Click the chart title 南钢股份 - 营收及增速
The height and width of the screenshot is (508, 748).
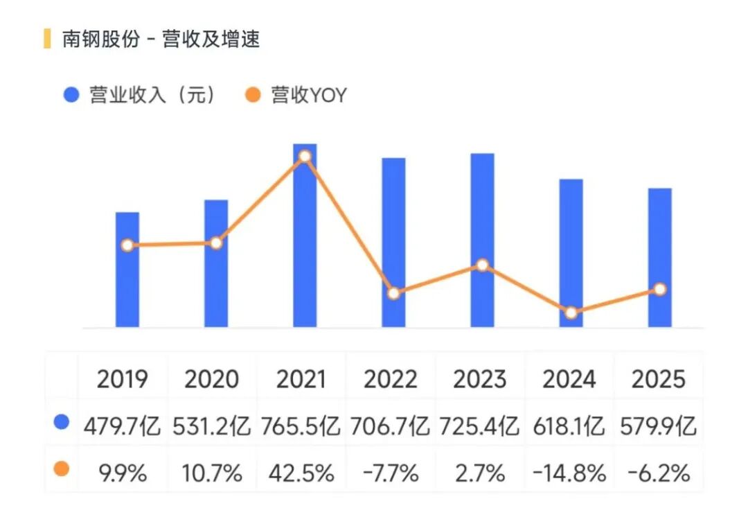pyautogui.click(x=161, y=40)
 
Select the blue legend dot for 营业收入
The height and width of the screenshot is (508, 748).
pyautogui.click(x=71, y=95)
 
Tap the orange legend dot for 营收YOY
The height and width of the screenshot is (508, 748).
pyautogui.click(x=253, y=95)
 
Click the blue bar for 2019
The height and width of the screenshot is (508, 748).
pyautogui.click(x=127, y=291)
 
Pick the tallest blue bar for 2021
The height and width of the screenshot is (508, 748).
pyautogui.click(x=305, y=243)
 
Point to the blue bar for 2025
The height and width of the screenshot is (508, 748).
pyautogui.click(x=660, y=229)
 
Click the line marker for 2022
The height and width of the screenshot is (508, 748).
pyautogui.click(x=393, y=293)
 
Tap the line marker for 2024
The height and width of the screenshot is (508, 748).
pyautogui.click(x=571, y=313)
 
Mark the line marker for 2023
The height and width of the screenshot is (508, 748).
pyautogui.click(x=483, y=265)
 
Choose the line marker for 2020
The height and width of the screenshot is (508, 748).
pyautogui.click(x=216, y=243)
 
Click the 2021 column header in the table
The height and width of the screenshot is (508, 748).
pyautogui.click(x=301, y=379)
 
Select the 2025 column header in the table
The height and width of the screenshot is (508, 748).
pyautogui.click(x=659, y=379)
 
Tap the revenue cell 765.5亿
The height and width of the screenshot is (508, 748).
pyautogui.click(x=301, y=426)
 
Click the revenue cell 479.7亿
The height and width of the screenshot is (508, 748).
pyautogui.click(x=123, y=426)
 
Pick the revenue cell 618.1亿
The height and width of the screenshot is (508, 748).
pyautogui.click(x=570, y=426)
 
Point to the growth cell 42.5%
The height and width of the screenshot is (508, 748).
pyautogui.click(x=301, y=473)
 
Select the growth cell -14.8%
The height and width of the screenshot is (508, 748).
pyautogui.click(x=570, y=473)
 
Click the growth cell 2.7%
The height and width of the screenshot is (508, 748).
pyautogui.click(x=481, y=473)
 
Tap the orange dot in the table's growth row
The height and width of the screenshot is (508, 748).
pyautogui.click(x=62, y=469)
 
